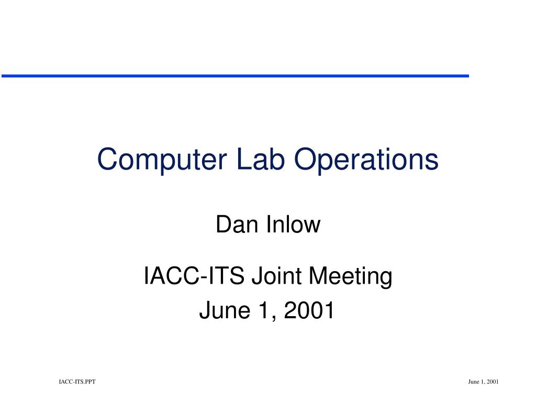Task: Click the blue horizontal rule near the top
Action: tap(235, 76)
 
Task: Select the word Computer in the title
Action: tap(162, 160)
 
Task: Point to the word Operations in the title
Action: tap(366, 159)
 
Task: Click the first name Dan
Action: tap(237, 225)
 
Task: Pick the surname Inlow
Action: tap(293, 225)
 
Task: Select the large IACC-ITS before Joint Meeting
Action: tap(194, 275)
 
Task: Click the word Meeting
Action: tap(351, 277)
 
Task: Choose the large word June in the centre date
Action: tap(225, 310)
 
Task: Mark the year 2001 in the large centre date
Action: tap(309, 310)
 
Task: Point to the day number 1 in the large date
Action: tap(264, 310)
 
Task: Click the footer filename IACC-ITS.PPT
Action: tap(77, 382)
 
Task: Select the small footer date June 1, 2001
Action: tap(483, 382)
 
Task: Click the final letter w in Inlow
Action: tap(312, 227)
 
